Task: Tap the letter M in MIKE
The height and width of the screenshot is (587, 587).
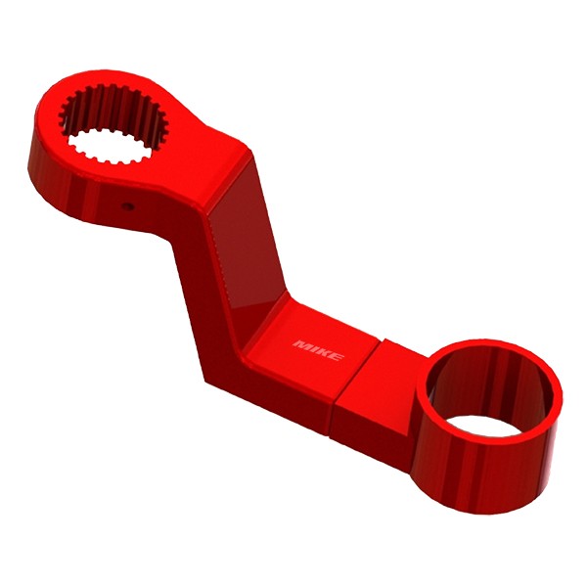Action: click(x=301, y=344)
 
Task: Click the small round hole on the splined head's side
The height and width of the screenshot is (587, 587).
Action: click(x=126, y=205)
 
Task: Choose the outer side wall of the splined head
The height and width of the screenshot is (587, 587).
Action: click(x=68, y=176)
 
